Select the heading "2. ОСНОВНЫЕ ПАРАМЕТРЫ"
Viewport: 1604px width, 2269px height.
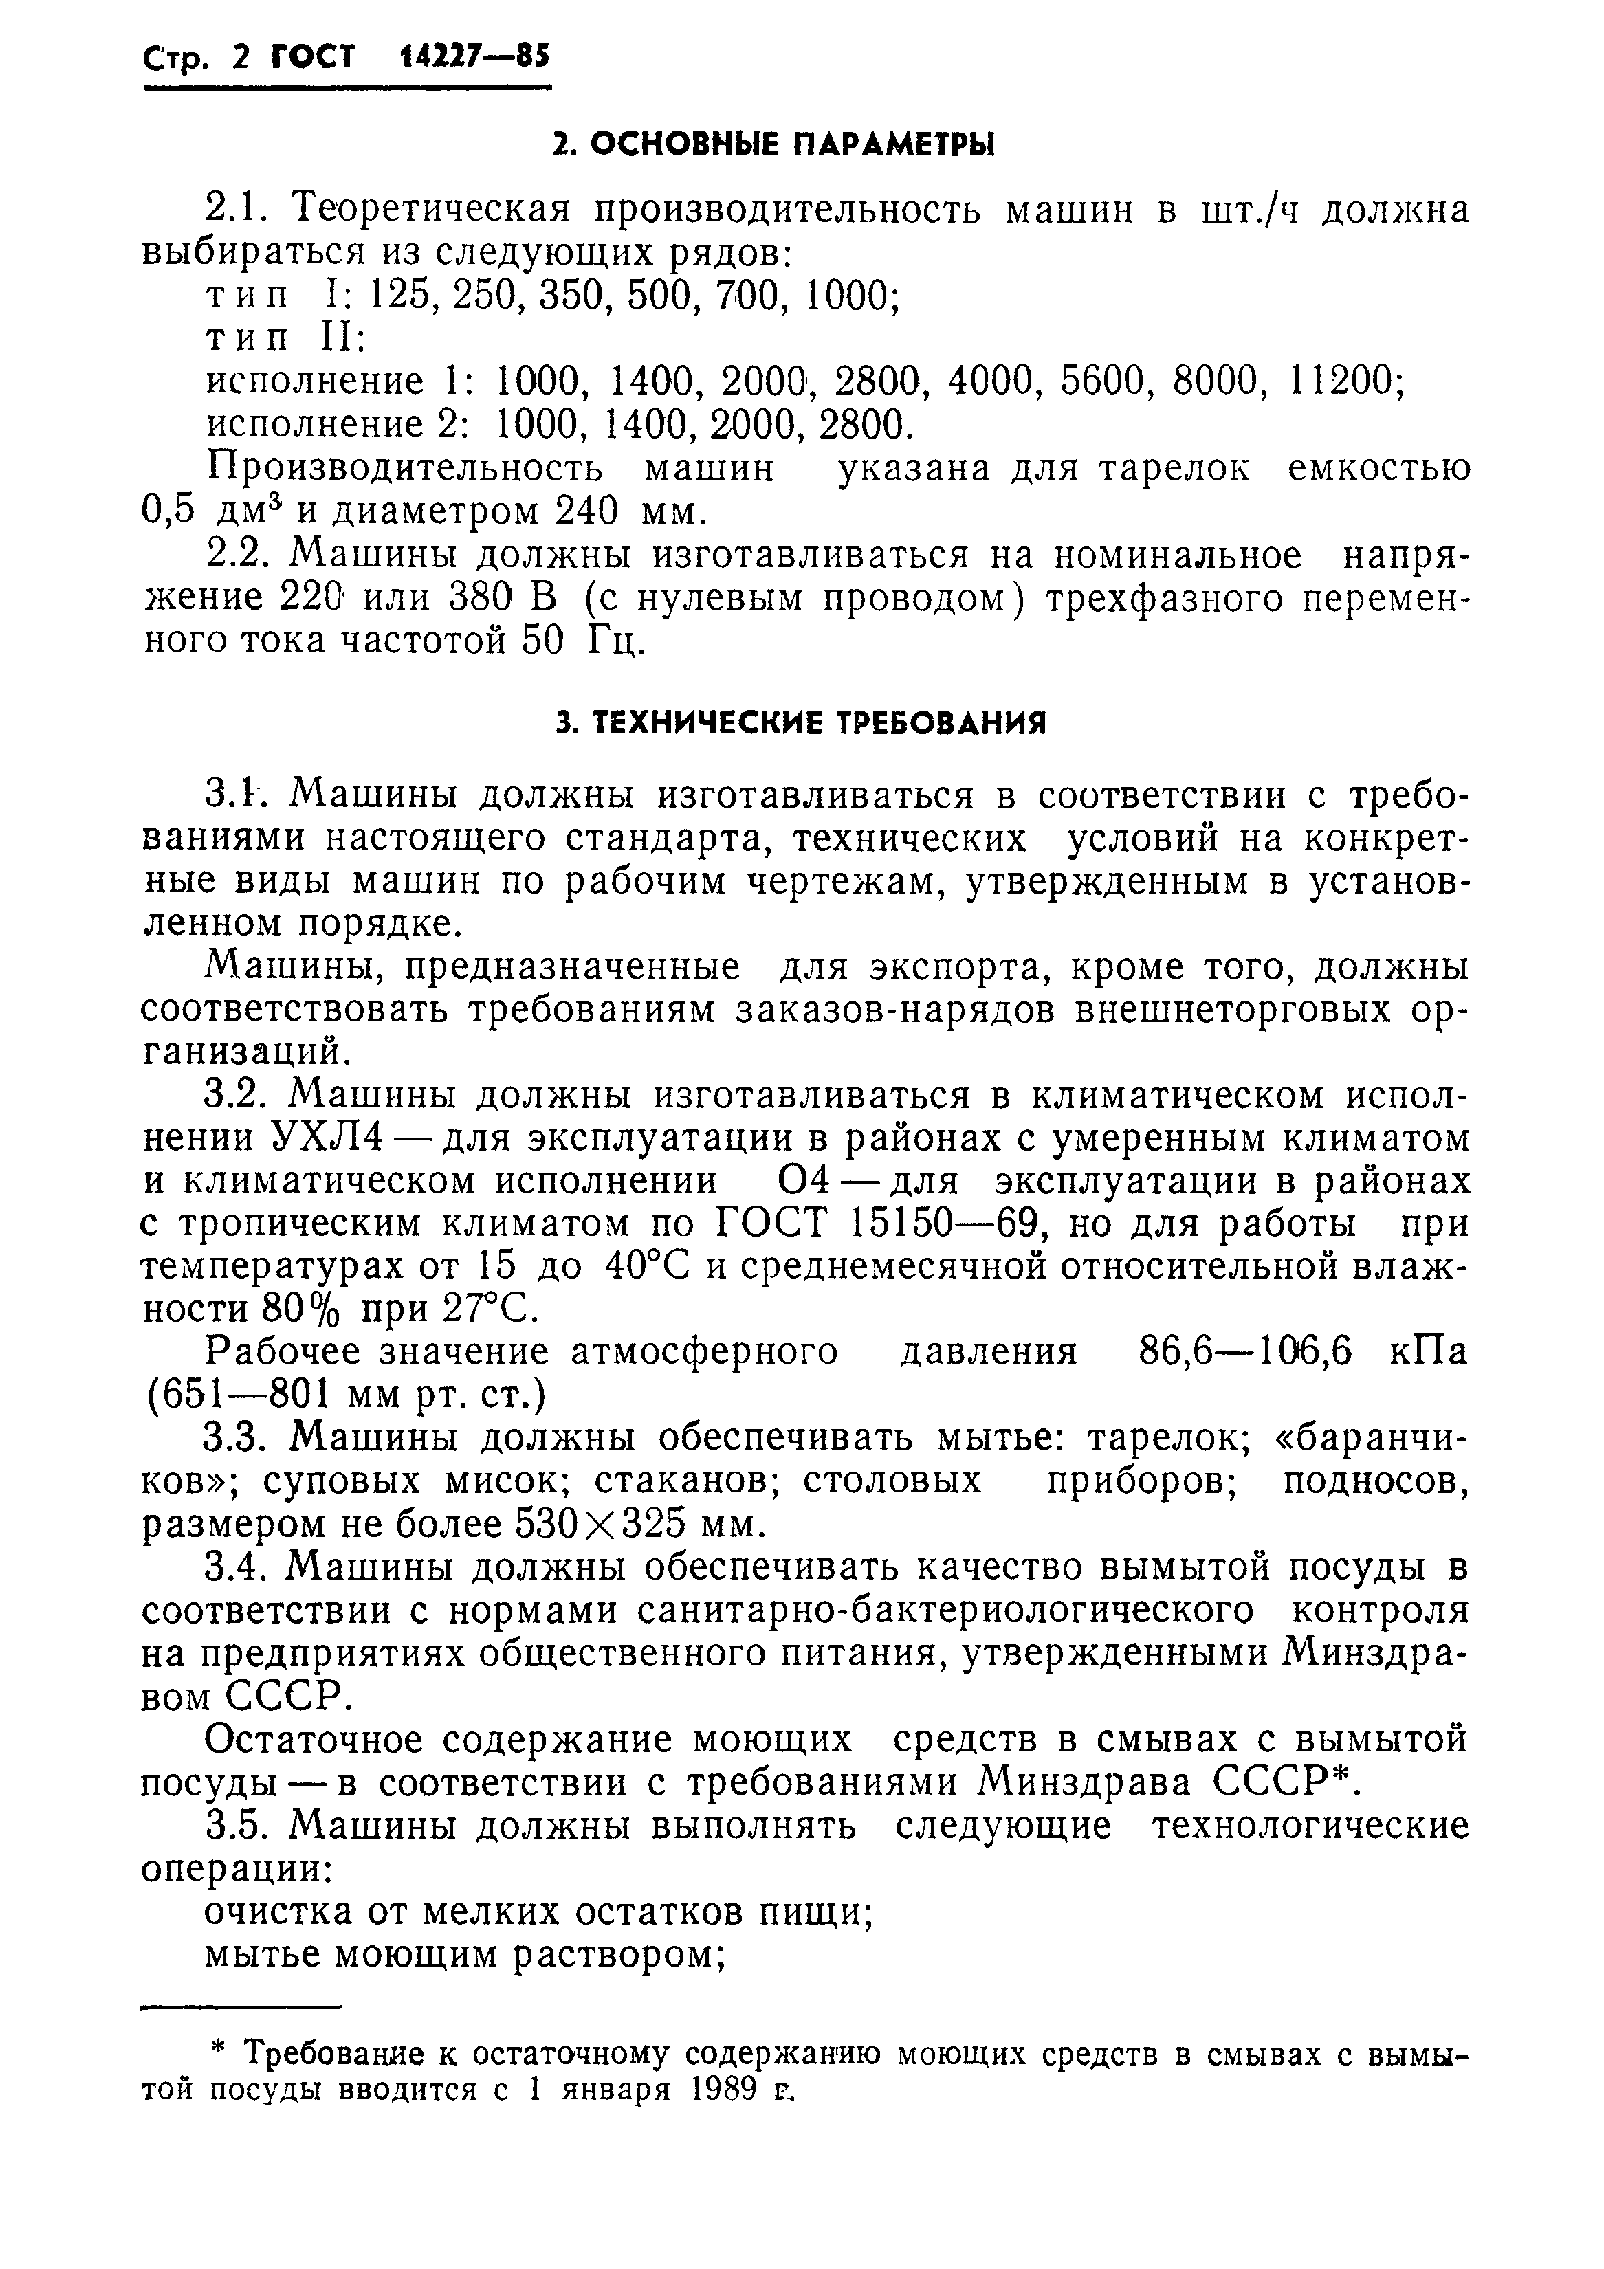tap(773, 145)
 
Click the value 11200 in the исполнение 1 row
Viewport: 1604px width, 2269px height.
tap(1343, 381)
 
